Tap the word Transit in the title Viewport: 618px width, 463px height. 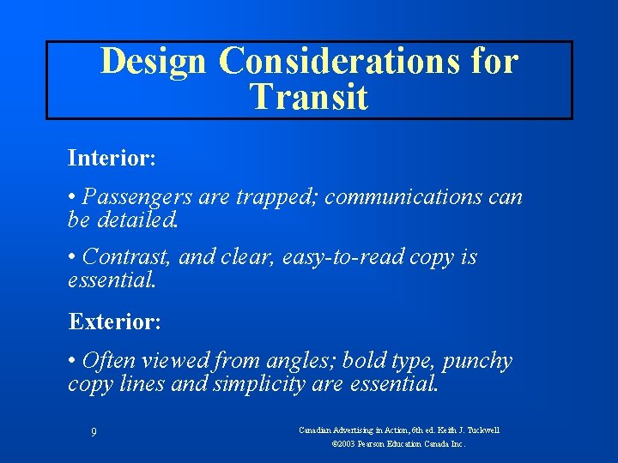point(309,97)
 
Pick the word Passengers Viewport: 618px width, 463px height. point(138,197)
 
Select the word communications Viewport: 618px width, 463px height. point(405,197)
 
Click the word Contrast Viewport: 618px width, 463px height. point(125,257)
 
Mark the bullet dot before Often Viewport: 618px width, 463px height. point(72,361)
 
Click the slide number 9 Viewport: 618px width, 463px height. point(93,432)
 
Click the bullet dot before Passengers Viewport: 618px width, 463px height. point(72,197)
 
